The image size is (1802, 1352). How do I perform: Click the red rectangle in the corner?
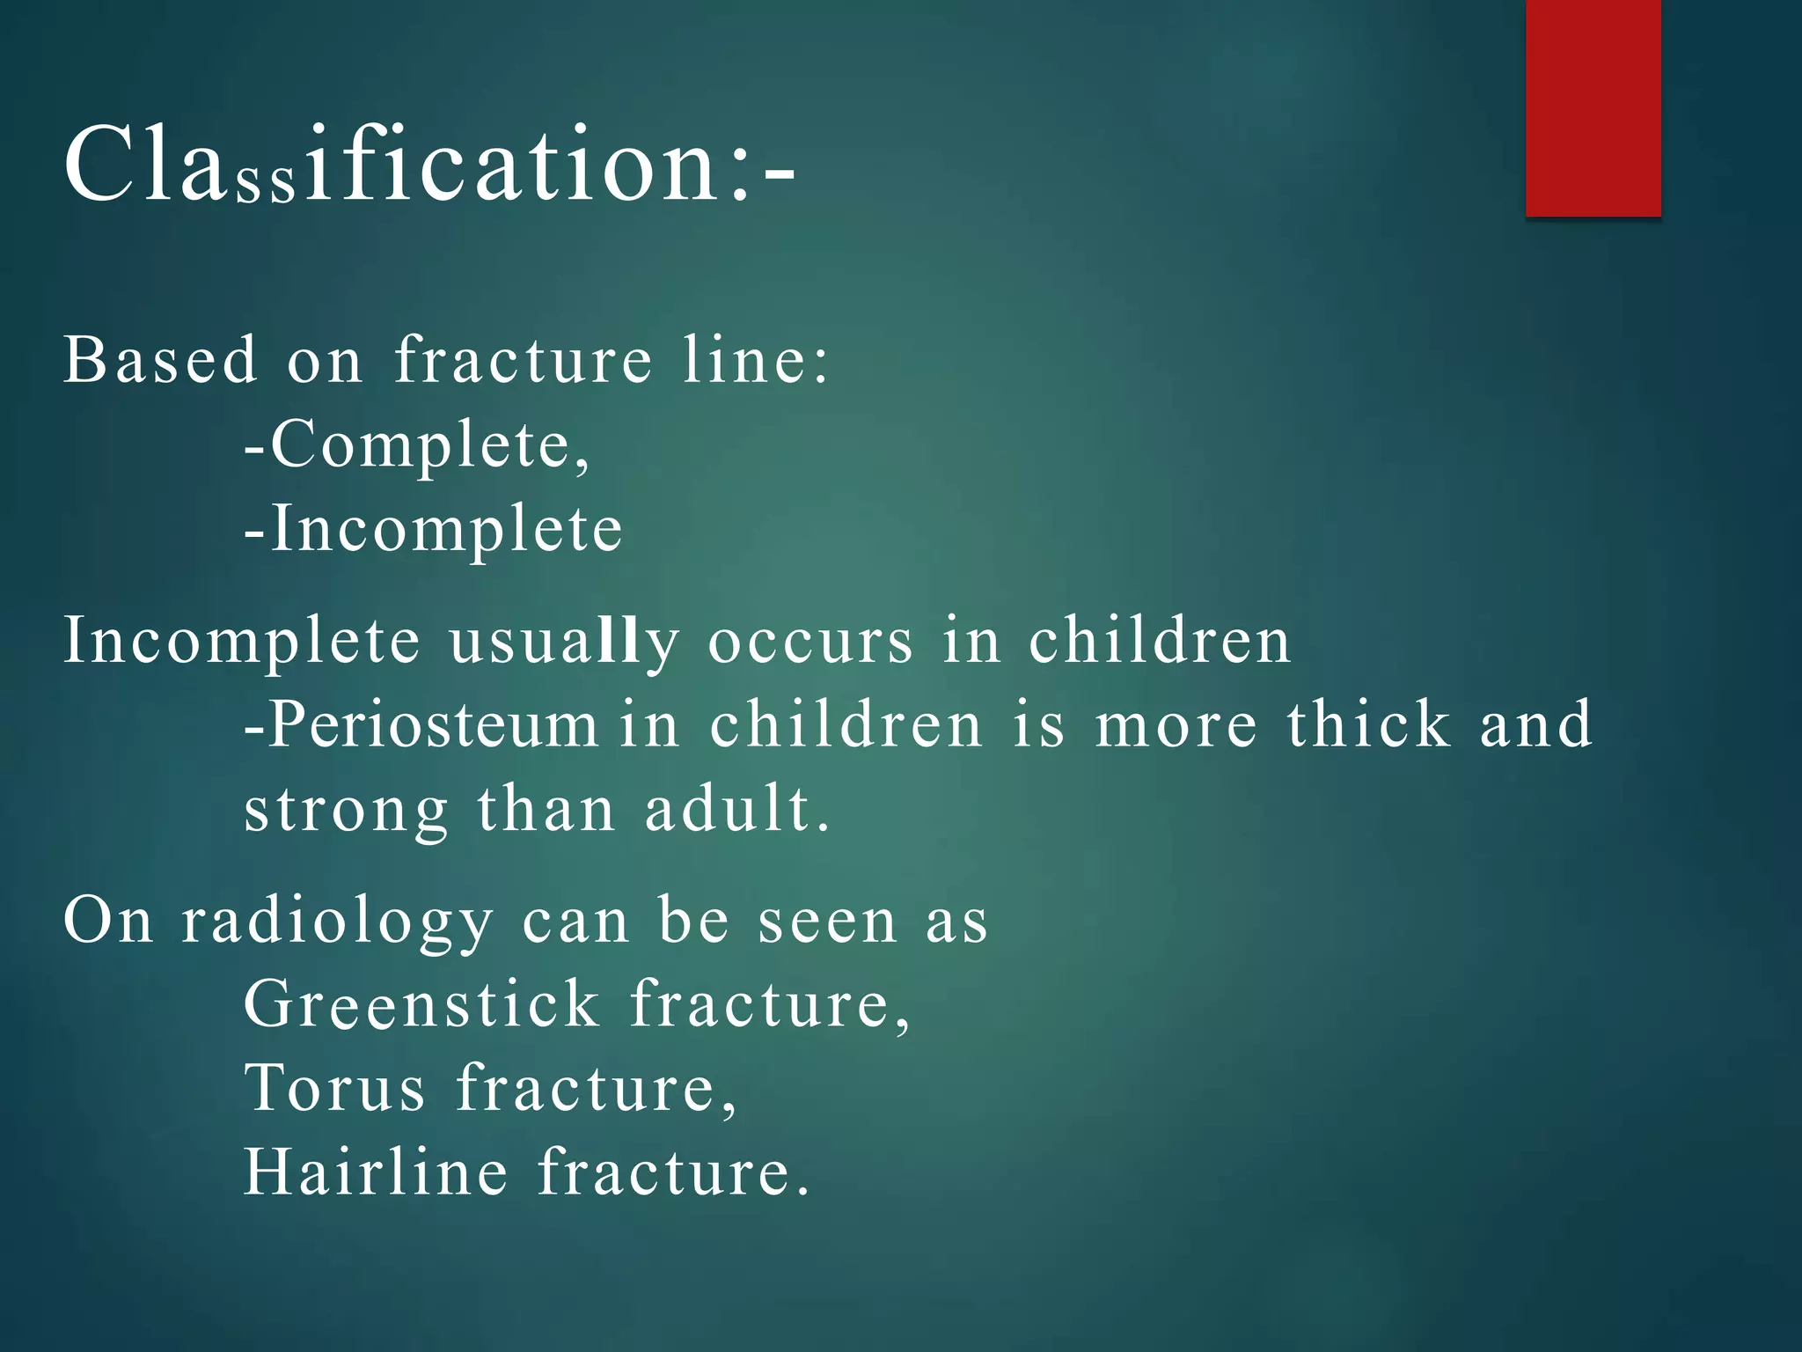coord(1593,107)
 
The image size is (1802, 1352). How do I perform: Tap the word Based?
coord(160,360)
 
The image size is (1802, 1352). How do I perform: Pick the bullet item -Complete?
coord(417,445)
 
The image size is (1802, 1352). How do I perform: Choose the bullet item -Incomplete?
coord(433,529)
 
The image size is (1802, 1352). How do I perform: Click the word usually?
coord(563,641)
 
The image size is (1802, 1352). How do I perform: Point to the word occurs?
coord(810,641)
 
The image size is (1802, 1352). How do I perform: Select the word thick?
coord(1368,725)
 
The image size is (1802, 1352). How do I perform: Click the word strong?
coord(346,810)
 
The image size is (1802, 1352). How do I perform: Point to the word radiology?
coord(337,922)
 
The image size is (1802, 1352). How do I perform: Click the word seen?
coord(827,922)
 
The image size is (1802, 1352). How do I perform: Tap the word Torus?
coord(334,1088)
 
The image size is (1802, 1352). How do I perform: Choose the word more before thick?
coord(1176,725)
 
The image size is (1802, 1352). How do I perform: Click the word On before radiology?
coord(107,921)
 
